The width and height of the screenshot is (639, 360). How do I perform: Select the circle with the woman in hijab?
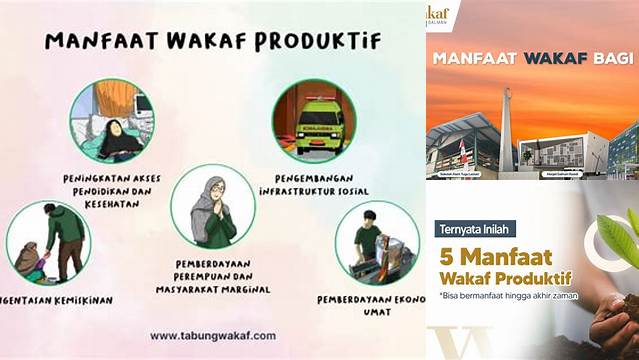pos(212,206)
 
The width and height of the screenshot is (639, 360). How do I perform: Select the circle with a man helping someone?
pos(48,243)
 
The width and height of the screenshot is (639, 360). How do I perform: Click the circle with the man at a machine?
pos(377,243)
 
